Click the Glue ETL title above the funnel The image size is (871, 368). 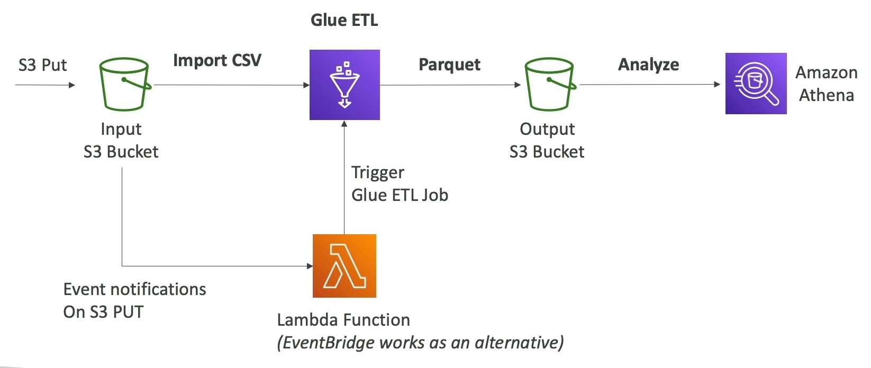344,20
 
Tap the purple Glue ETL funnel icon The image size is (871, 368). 344,85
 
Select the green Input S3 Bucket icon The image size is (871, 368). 124,84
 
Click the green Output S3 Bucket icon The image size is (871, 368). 549,84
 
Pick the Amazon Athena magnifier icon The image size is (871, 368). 756,84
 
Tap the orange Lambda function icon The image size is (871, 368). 344,266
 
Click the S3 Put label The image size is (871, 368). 42,65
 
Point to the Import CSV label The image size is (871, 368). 217,60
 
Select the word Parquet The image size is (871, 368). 449,65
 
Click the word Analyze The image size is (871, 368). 648,65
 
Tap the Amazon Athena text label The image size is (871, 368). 826,84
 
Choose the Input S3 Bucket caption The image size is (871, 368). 121,140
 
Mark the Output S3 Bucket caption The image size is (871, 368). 547,140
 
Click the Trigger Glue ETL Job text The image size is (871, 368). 400,183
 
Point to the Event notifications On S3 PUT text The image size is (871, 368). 134,300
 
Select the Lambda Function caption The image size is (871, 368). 343,320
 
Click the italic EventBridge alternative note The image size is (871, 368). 420,343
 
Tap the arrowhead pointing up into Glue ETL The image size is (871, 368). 344,124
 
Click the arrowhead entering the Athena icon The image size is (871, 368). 717,84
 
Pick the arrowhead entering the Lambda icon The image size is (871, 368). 310,266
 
